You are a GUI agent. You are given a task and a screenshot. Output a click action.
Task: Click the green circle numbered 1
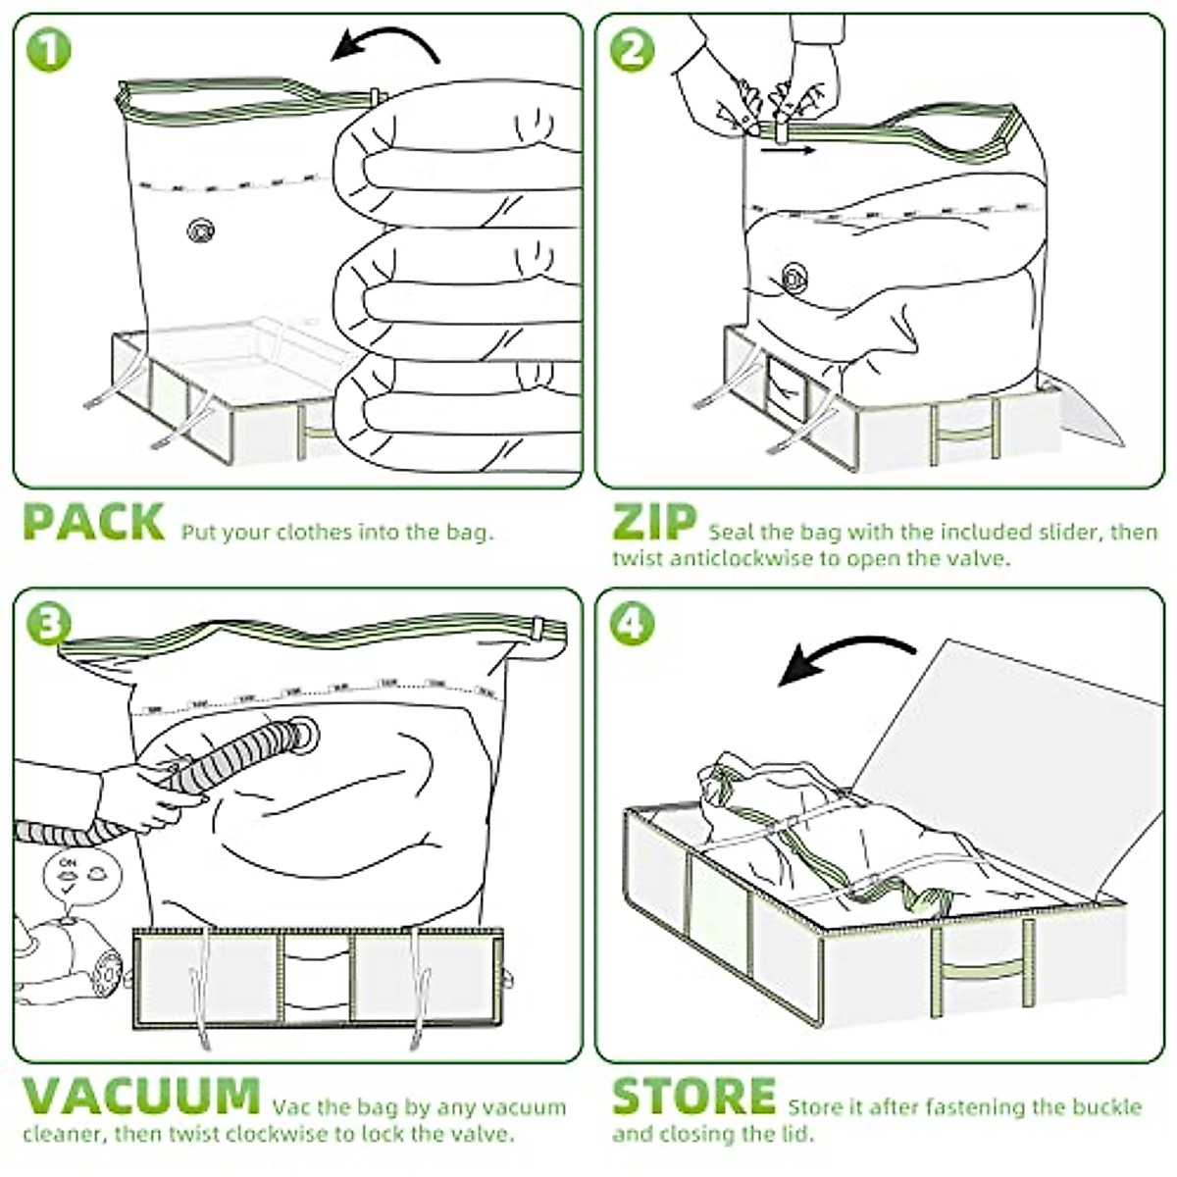point(48,50)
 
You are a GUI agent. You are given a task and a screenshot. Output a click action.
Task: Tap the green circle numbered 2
point(632,50)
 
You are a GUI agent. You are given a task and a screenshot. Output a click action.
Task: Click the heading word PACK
point(93,523)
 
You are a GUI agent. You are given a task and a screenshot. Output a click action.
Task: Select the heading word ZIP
point(654,523)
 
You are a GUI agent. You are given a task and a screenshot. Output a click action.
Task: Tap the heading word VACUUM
point(140,1097)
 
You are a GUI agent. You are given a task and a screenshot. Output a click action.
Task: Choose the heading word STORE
point(693,1097)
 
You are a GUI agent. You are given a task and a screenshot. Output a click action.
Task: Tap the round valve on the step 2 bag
point(793,278)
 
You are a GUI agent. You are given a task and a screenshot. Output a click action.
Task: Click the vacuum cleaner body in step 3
point(69,961)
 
